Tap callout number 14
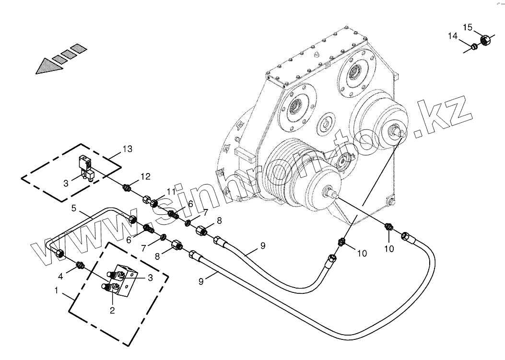tap(453, 36)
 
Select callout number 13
tap(127, 149)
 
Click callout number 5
tap(74, 209)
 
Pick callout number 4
tap(60, 277)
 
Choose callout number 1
tap(57, 290)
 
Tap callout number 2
tap(112, 310)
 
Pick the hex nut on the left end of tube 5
tap(59, 253)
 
